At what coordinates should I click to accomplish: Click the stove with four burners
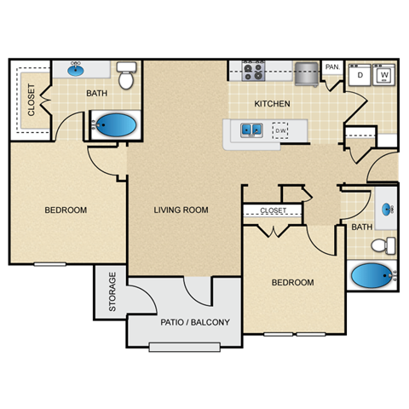(253, 72)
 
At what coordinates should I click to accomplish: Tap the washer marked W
(383, 75)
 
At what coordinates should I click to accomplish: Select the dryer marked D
(360, 75)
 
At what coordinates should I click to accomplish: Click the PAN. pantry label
(332, 66)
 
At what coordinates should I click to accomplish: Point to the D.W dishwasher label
(279, 130)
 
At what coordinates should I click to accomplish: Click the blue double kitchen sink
(251, 130)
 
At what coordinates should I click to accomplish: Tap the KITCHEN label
(273, 104)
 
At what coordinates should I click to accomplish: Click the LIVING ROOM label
(181, 210)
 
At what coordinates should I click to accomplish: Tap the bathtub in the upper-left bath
(116, 126)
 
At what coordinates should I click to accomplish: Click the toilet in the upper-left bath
(127, 77)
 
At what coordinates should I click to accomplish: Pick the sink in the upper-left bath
(75, 69)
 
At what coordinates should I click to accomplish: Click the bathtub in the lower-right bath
(372, 277)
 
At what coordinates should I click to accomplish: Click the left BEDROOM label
(66, 210)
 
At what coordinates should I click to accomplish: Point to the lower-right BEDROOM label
(292, 282)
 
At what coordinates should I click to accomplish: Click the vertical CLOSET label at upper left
(32, 99)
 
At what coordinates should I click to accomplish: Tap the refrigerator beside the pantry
(307, 74)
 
